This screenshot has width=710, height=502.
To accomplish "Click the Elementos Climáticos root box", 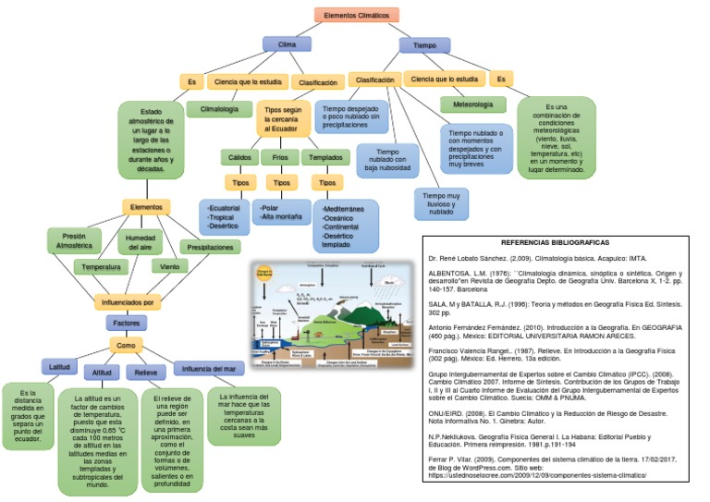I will pos(355,15).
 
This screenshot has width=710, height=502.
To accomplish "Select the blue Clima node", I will pos(287,43).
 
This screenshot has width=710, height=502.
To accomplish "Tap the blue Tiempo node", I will pos(424,44).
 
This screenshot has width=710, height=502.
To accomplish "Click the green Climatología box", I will pos(219,109).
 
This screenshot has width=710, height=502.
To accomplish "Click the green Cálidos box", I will pos(239,158).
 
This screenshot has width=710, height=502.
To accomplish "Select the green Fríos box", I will pos(281,158).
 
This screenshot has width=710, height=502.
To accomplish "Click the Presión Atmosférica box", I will pos(75,241).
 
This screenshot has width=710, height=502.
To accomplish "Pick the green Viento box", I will pos(169,266).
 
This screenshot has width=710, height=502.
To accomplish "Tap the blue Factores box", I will pos(127,324).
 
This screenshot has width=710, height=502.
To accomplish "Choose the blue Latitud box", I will pos(60,366).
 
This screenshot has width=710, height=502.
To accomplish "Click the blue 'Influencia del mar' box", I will pos(211,368).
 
